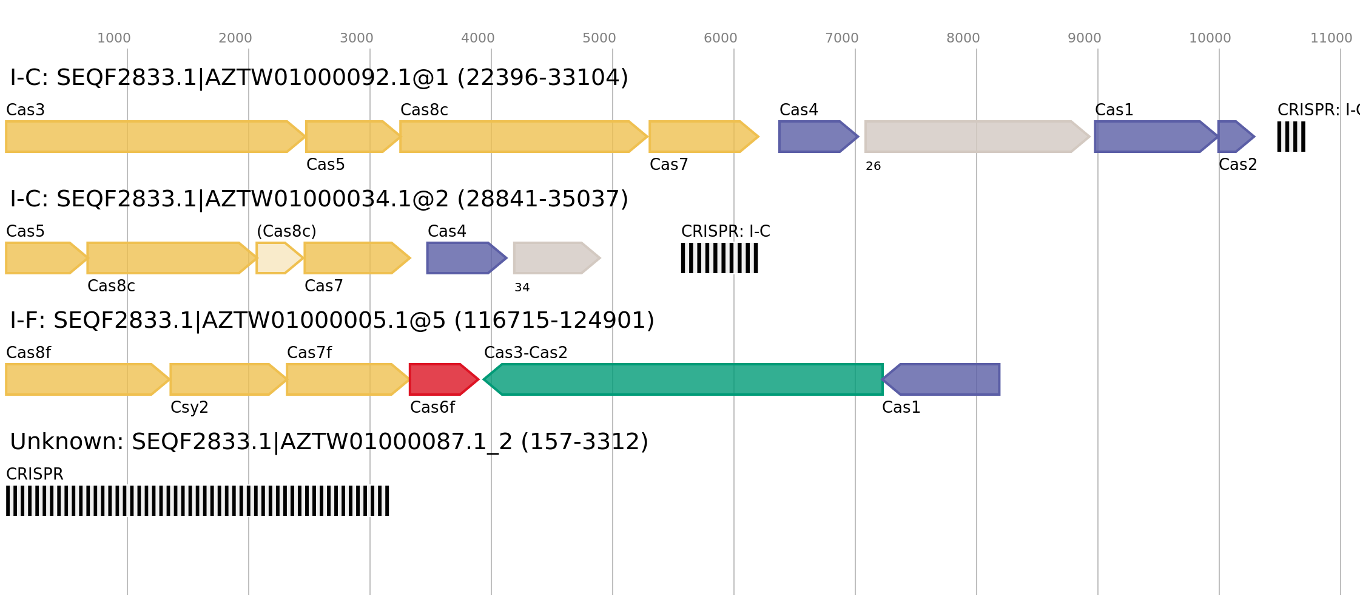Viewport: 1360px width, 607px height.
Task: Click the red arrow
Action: tap(442, 379)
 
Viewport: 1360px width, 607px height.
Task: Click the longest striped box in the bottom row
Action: tap(198, 501)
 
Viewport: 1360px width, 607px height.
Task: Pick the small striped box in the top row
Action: tap(1291, 137)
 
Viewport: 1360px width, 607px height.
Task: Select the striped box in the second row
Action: tap(719, 258)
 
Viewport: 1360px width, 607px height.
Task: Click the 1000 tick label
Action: tap(114, 38)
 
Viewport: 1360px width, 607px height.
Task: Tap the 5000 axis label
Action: tap(599, 38)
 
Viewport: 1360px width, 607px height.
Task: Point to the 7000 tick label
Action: tap(841, 38)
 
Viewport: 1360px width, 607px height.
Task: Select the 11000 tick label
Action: tap(1331, 38)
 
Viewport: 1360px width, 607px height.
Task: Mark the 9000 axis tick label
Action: tap(1084, 38)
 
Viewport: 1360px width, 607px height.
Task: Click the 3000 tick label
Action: tap(356, 38)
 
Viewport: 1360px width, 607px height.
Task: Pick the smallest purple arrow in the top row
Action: tap(1234, 137)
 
